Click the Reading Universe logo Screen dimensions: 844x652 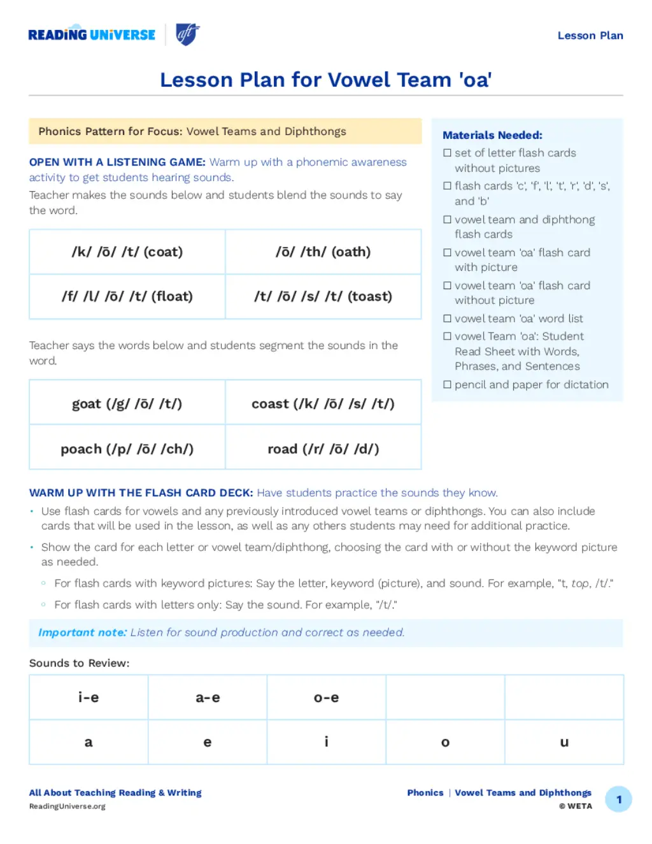92,34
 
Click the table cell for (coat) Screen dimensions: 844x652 127,252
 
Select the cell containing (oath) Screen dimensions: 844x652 323,252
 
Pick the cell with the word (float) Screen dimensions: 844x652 127,296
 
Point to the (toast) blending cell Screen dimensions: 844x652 323,296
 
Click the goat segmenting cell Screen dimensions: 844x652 127,403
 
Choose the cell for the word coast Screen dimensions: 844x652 323,403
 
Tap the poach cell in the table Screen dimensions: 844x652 127,448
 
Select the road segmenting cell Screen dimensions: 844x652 323,448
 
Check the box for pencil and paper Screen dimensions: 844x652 448,385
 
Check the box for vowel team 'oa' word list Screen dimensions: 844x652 448,318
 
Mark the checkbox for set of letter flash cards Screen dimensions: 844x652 448,153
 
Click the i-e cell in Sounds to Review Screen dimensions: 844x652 89,697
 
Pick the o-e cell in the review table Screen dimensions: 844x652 326,697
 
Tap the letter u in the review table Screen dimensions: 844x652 564,742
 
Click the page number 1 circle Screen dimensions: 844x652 618,799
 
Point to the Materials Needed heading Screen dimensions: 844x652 492,135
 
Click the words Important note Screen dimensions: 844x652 82,633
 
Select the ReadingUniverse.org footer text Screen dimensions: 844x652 67,806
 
